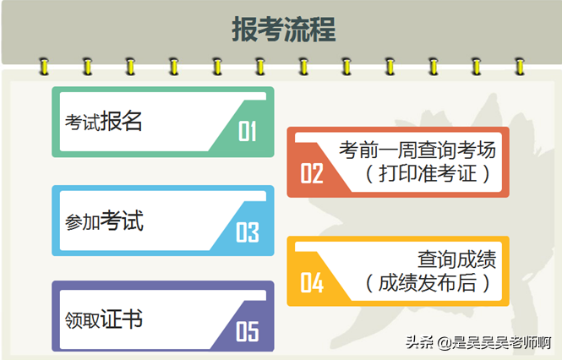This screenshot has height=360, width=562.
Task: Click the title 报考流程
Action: (x=283, y=29)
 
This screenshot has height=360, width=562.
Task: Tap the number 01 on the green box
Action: (x=248, y=131)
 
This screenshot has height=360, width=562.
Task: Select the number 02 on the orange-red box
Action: (x=312, y=173)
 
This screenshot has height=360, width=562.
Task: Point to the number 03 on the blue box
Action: (x=248, y=232)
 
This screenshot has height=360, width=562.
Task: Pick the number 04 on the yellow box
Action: (x=312, y=282)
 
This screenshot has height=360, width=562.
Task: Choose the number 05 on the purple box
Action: (x=248, y=331)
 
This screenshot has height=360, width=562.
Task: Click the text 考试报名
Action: (x=104, y=121)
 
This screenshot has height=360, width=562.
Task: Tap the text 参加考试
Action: (x=104, y=221)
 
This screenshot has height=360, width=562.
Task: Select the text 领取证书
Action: (x=104, y=319)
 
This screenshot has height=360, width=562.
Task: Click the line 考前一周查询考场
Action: (x=417, y=150)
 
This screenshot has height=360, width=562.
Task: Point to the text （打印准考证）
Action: (x=428, y=173)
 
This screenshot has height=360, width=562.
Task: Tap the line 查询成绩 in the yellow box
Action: (x=457, y=259)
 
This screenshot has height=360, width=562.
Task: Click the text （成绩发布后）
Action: (x=428, y=282)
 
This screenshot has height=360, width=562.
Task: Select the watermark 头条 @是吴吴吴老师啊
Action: (x=478, y=342)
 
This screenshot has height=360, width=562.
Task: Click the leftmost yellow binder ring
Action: (x=44, y=66)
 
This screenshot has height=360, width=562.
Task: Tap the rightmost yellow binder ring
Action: (x=520, y=66)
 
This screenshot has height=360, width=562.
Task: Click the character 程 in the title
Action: (x=323, y=29)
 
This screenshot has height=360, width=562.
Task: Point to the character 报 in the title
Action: (x=244, y=29)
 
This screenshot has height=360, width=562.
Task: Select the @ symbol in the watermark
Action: (x=445, y=343)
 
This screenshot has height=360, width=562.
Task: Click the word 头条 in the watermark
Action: (x=420, y=342)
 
